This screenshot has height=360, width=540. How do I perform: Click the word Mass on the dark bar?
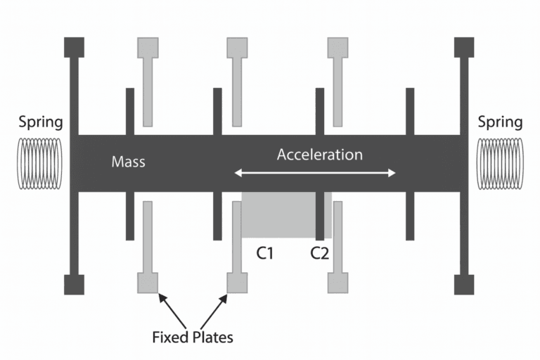[129, 162]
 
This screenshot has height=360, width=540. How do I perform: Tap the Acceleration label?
[320, 154]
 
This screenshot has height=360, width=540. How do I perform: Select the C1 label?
[264, 253]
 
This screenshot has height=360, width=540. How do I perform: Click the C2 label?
[320, 253]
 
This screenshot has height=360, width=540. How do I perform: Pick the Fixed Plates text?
[192, 337]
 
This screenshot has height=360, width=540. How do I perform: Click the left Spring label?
[41, 122]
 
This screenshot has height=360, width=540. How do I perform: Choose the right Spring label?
[500, 122]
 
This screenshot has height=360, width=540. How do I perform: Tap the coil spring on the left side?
[40, 163]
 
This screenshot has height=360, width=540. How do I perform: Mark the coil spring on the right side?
[500, 163]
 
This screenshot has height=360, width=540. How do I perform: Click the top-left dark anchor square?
[74, 47]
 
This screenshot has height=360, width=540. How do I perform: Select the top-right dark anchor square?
[464, 47]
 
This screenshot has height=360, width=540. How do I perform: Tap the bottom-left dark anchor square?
[74, 283]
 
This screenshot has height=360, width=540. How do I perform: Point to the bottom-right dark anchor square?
[464, 283]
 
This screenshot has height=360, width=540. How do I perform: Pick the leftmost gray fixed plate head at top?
[148, 47]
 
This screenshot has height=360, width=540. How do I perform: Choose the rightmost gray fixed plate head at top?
[338, 47]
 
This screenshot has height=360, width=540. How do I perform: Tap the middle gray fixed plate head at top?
[237, 47]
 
